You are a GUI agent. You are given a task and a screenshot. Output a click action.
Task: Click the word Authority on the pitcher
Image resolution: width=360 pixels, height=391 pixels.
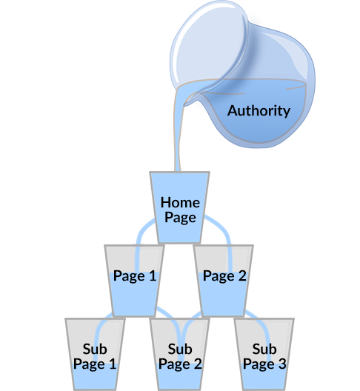coord(259,111)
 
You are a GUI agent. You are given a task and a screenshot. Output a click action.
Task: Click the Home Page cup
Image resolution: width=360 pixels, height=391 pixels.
coord(179,207)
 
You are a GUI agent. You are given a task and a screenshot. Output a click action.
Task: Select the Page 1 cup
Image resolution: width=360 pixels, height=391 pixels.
coord(134,281)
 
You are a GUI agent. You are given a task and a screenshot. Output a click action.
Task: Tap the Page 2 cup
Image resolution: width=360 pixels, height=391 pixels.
coord(224,281)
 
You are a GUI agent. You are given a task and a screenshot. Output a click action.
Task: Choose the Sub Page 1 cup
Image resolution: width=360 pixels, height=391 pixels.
coord(95,354)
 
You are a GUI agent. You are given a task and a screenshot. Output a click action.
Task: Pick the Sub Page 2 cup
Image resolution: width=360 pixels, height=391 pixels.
coord(179,354)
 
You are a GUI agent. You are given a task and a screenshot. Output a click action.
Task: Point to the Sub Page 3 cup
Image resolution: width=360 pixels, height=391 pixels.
coord(264,354)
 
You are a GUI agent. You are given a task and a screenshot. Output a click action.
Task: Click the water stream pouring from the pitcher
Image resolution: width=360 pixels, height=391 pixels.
coord(178,130)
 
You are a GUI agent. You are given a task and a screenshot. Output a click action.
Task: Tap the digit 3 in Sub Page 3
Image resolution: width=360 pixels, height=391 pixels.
coord(282,364)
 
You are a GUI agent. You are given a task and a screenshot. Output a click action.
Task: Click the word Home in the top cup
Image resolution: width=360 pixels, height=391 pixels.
coord(180,202)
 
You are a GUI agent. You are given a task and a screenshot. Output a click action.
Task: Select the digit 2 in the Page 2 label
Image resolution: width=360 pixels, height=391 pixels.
coord(241,275)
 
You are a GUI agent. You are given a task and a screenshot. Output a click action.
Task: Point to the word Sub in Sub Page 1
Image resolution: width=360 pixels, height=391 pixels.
coord(95,349)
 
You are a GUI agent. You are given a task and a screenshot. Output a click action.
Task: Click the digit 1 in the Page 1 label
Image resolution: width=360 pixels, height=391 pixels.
coord(153,275)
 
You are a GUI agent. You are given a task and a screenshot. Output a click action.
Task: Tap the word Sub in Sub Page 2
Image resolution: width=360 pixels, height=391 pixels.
coord(180,349)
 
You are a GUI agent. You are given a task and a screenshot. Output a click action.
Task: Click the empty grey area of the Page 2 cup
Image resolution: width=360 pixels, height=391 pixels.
coord(212,258)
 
